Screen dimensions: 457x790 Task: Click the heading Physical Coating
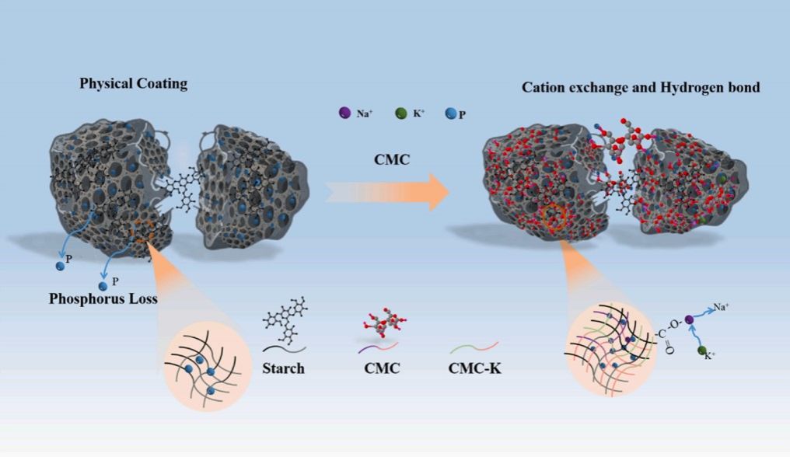(x=133, y=82)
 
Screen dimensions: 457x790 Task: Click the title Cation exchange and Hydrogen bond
(x=640, y=87)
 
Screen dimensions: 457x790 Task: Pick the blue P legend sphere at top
(x=450, y=113)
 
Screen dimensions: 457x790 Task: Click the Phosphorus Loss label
(x=98, y=298)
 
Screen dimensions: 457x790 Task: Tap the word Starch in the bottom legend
(x=283, y=368)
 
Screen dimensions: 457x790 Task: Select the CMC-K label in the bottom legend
(x=475, y=368)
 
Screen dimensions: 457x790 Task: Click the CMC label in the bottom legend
(x=382, y=368)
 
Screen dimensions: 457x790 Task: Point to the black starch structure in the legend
(x=285, y=319)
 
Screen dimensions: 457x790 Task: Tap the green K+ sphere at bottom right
(x=704, y=353)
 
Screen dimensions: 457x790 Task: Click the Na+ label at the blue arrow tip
(x=721, y=307)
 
